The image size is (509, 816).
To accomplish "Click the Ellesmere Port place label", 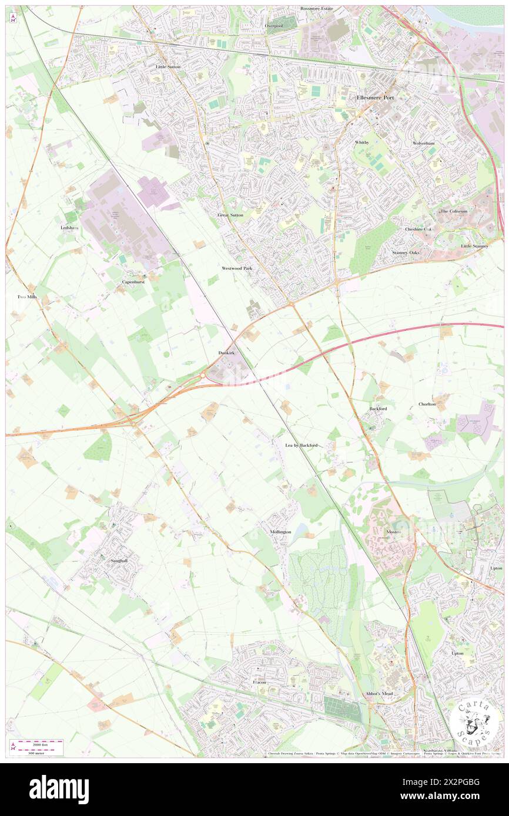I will [x=376, y=97].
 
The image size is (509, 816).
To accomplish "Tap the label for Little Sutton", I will [x=168, y=67].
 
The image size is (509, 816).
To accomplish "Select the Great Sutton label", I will [x=230, y=215].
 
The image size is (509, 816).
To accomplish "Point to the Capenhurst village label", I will [x=133, y=282].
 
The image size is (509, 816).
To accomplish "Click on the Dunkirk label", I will [x=227, y=353].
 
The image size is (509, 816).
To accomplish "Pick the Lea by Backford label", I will [x=301, y=446].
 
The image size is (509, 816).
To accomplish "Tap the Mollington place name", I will [x=280, y=532].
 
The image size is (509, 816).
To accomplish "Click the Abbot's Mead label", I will [x=379, y=694].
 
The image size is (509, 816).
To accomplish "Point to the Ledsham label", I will [x=69, y=227].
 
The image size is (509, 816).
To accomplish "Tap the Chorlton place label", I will [x=427, y=404].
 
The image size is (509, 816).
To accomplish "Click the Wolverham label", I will [x=423, y=143].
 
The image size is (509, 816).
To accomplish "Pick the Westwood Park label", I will [x=237, y=268].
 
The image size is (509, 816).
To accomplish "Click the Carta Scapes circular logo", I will [x=476, y=722].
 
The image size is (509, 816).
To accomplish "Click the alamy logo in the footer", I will [x=59, y=789].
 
